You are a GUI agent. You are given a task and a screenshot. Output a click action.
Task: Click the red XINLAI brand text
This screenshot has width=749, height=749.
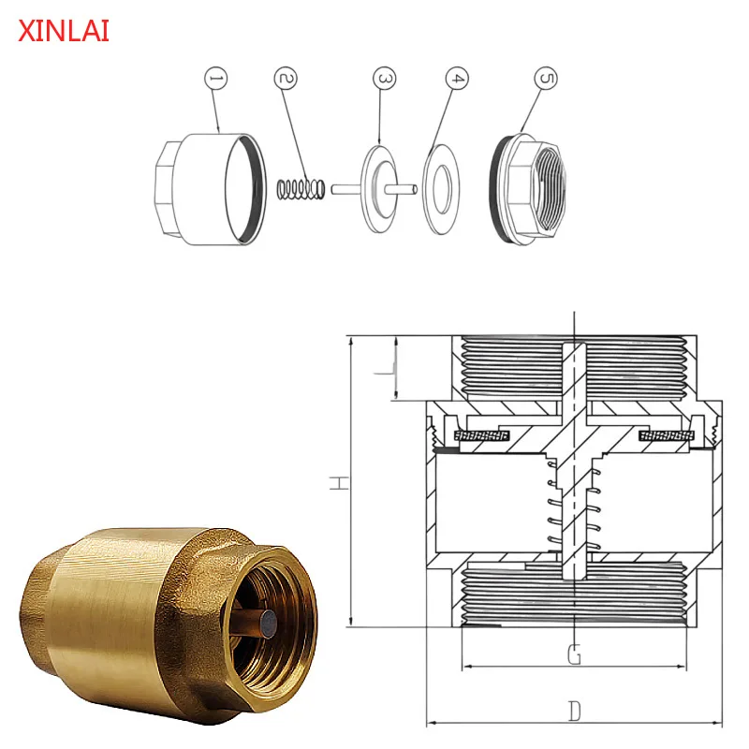pyautogui.click(x=64, y=31)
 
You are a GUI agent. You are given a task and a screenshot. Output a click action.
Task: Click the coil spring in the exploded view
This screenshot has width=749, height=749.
pyautogui.click(x=301, y=188)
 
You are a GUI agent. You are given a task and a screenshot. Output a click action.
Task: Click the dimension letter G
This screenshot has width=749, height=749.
pyautogui.click(x=575, y=654)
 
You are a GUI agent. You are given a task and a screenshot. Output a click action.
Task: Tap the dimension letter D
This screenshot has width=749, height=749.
pyautogui.click(x=575, y=712)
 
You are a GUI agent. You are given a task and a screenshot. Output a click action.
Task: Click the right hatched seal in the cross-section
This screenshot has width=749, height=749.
pyautogui.click(x=666, y=437)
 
